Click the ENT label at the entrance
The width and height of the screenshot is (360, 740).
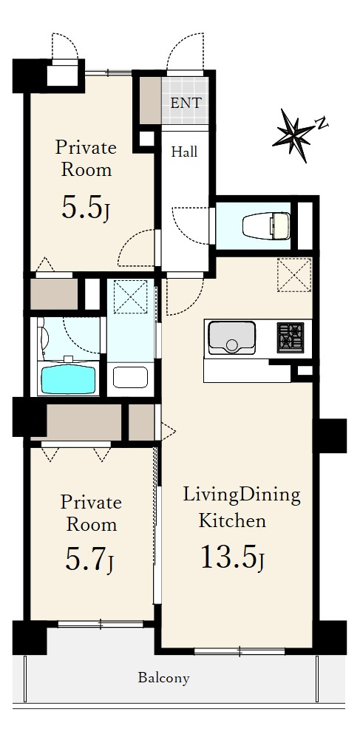point(186,103)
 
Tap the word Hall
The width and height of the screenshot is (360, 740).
point(184,152)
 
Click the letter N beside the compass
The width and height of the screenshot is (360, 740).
point(322,124)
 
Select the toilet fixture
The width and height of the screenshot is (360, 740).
point(267,225)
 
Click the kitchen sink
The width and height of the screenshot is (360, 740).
point(231,337)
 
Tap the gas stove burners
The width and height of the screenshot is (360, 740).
point(291,337)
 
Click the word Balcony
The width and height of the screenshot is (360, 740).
point(163,679)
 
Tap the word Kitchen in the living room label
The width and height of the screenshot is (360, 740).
point(232,521)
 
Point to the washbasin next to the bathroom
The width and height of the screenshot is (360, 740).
point(131,378)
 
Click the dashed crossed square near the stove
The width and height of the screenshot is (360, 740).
point(294,275)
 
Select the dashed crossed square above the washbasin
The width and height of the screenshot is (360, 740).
point(131,297)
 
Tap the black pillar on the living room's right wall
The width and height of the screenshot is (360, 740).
point(332,435)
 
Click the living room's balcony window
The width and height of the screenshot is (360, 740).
point(240,652)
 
